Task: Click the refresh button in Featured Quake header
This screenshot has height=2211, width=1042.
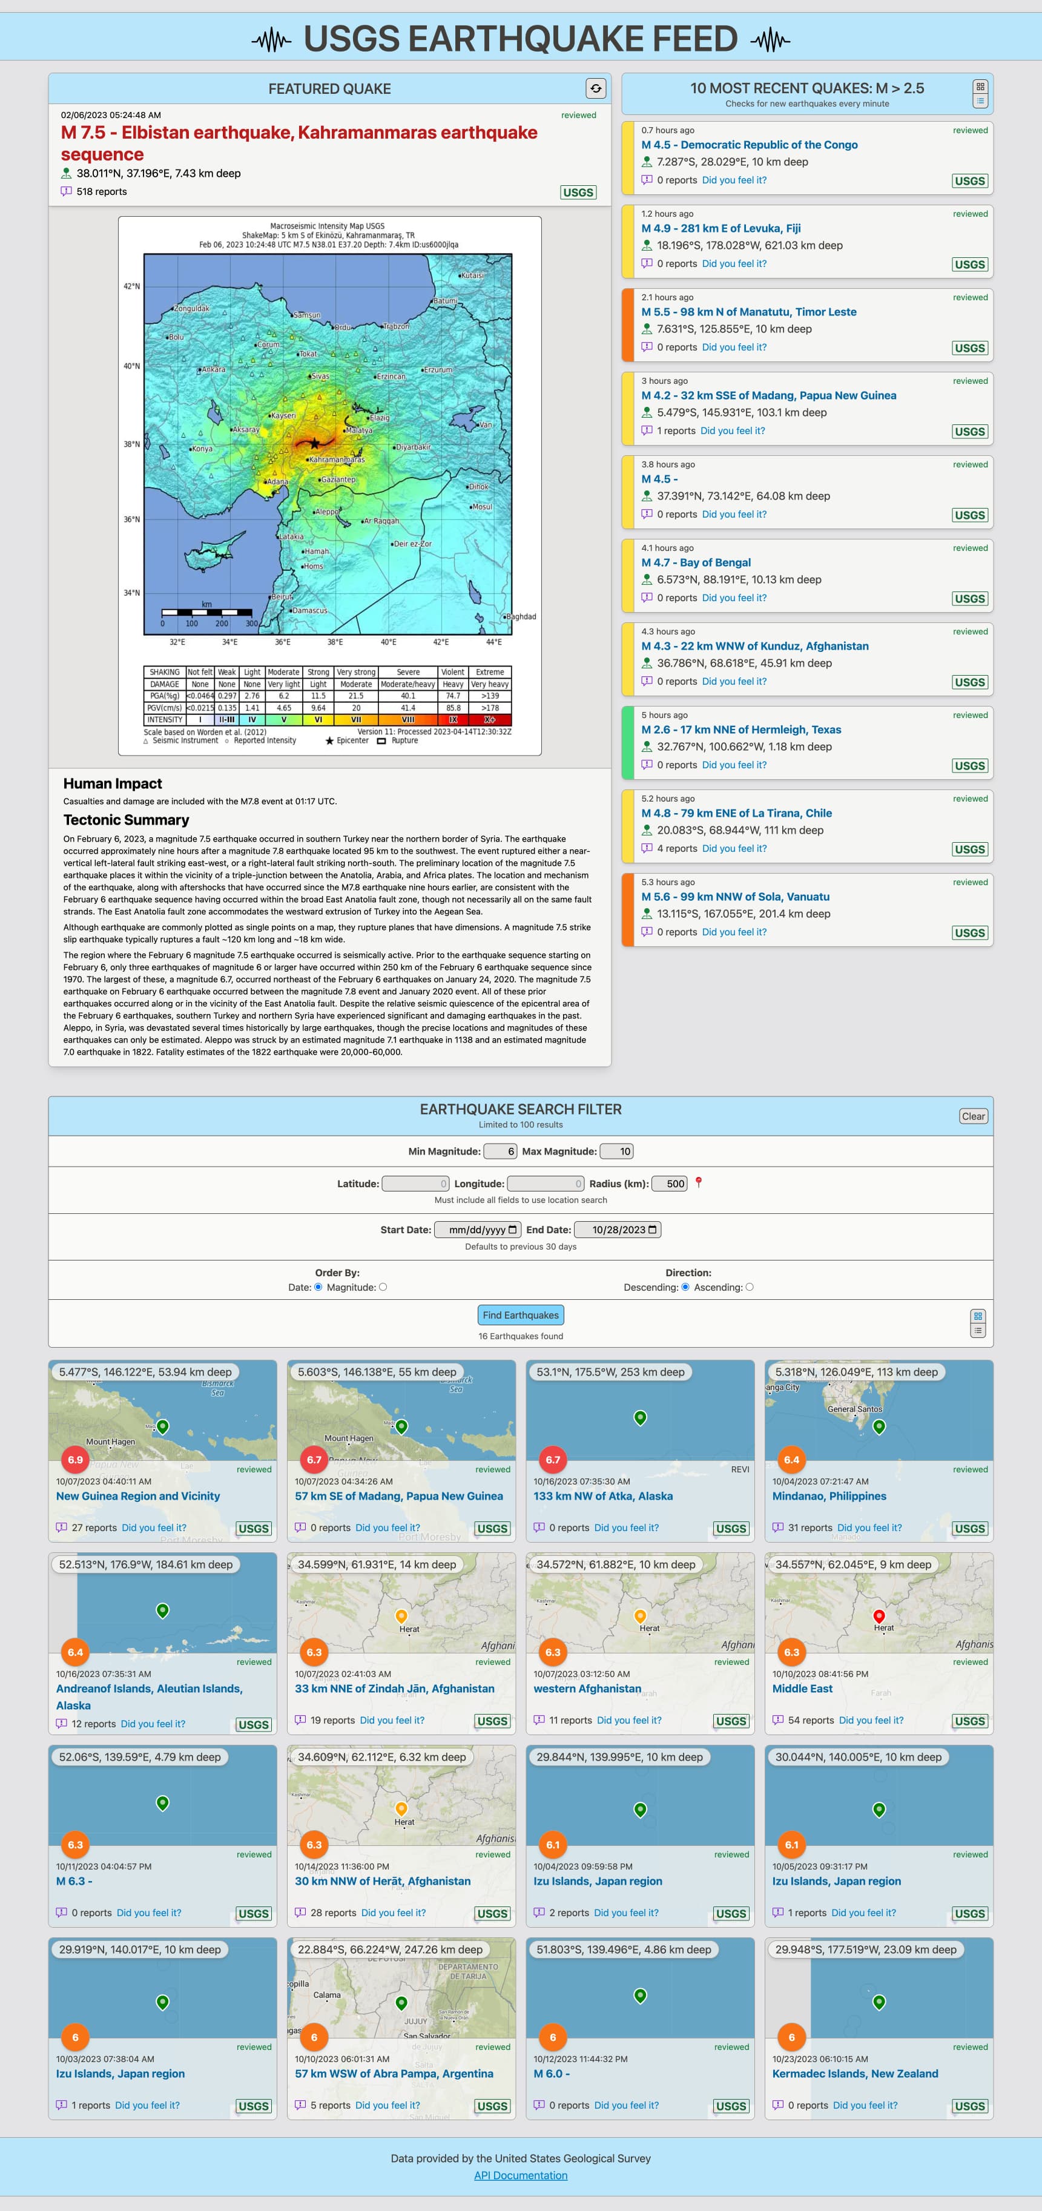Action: [x=596, y=88]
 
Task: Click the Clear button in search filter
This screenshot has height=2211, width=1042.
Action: [x=972, y=1116]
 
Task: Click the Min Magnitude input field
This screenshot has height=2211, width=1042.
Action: [x=500, y=1151]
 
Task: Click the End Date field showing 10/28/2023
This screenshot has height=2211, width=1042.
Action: [x=617, y=1229]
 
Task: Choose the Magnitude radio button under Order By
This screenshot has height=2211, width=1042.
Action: [x=383, y=1287]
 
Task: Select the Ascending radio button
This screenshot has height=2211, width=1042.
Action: [x=750, y=1287]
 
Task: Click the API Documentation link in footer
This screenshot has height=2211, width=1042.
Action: [x=520, y=2175]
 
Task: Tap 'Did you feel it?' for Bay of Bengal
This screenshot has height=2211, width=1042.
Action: [x=734, y=598]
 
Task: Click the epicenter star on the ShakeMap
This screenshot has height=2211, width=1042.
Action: [x=314, y=443]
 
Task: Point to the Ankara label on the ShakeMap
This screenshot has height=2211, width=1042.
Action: [x=213, y=370]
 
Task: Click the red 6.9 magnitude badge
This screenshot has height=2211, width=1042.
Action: [x=76, y=1459]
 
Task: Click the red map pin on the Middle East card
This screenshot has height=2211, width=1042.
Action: [x=878, y=1616]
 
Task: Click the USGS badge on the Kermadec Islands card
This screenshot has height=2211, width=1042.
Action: [x=969, y=2106]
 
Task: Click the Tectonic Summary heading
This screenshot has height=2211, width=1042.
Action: [x=126, y=820]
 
